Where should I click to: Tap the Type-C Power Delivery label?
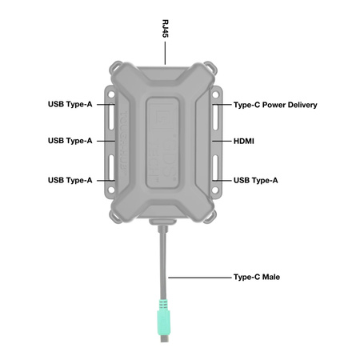click(275, 105)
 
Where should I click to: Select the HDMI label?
click(245, 141)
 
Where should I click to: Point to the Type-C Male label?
click(257, 278)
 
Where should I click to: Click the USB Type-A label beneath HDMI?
click(256, 180)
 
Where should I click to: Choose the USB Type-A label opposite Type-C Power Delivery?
click(70, 105)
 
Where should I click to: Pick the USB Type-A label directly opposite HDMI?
click(70, 141)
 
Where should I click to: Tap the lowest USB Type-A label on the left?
click(70, 180)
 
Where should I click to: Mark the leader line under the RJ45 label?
click(165, 54)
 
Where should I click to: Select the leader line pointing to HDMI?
click(221, 141)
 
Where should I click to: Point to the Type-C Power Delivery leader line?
click(221, 105)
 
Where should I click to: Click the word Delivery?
click(300, 105)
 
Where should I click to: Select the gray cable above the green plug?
click(164, 264)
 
